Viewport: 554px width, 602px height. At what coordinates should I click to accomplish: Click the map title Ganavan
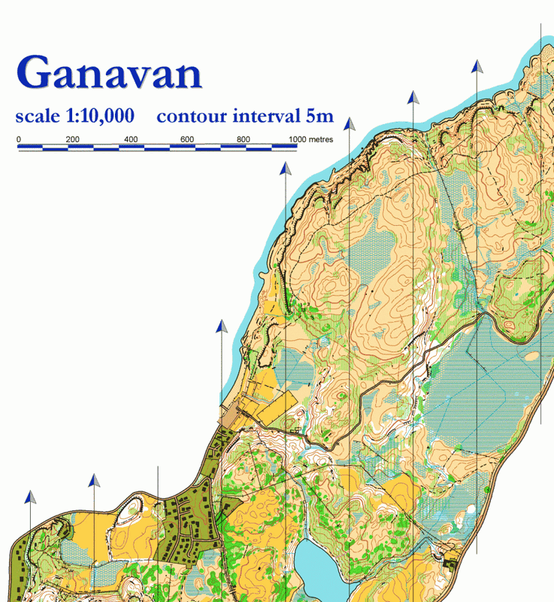coord(109,73)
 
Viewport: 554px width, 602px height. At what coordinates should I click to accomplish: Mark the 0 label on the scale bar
coord(18,139)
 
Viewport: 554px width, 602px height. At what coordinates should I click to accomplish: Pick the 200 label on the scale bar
coord(72,139)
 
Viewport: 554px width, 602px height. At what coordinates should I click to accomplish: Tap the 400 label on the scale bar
coord(130,139)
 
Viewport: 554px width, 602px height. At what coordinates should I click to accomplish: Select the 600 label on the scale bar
coord(187,139)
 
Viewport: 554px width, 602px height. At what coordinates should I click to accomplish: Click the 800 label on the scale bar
coord(243,139)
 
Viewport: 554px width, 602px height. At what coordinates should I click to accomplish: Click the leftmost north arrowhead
coord(30,497)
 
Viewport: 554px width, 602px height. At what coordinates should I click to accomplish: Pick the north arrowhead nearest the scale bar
coord(285,169)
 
